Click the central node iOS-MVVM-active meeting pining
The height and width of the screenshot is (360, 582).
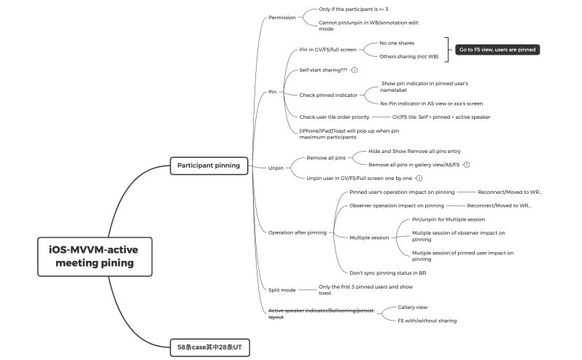point(94,256)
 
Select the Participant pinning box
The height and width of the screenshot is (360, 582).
point(208,165)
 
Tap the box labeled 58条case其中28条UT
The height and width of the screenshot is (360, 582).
point(210,348)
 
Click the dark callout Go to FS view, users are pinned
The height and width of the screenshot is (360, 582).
point(497,50)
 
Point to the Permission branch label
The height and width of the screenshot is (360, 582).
point(282,17)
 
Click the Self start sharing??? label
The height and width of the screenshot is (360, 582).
point(323,70)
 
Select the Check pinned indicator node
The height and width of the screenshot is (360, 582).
point(329,95)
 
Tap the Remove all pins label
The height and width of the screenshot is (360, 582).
point(326,157)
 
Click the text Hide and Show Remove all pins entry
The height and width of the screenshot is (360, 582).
point(414,152)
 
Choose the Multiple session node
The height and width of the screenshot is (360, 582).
point(369,237)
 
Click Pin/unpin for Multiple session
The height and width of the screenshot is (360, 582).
point(448,219)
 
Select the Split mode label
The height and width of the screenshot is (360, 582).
point(282,289)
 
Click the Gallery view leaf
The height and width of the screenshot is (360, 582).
point(412,307)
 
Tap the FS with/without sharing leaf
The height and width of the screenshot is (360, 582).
point(427,320)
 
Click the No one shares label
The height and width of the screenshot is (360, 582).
point(397,43)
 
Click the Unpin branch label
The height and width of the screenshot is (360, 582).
point(276,168)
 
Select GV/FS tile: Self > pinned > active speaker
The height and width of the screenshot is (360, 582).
point(441,117)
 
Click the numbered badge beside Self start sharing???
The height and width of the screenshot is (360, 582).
point(354,70)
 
